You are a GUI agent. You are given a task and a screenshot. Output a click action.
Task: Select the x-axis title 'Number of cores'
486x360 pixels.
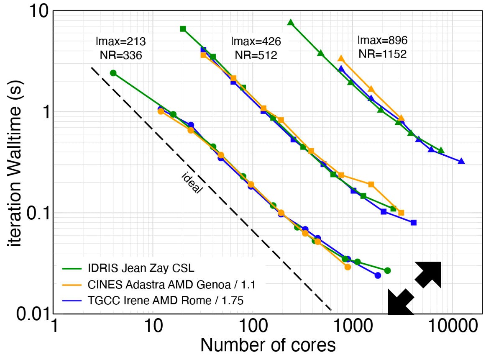[x=268, y=345]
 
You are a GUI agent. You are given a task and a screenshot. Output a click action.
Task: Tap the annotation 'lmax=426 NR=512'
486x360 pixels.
[x=256, y=48]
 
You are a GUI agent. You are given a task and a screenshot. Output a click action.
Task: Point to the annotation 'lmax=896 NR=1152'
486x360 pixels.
[x=382, y=47]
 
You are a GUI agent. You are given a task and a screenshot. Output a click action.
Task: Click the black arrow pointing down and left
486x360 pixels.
[x=400, y=301]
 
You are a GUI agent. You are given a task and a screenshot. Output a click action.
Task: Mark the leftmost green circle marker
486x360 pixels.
[x=113, y=73]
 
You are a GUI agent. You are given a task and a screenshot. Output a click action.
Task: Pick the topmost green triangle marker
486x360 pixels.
[x=291, y=23]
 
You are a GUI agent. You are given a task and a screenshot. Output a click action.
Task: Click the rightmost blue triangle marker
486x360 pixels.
[x=461, y=161]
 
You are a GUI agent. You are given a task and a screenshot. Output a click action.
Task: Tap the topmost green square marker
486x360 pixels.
[x=183, y=29]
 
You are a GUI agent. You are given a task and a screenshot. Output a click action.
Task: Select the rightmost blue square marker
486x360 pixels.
[x=414, y=222]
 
